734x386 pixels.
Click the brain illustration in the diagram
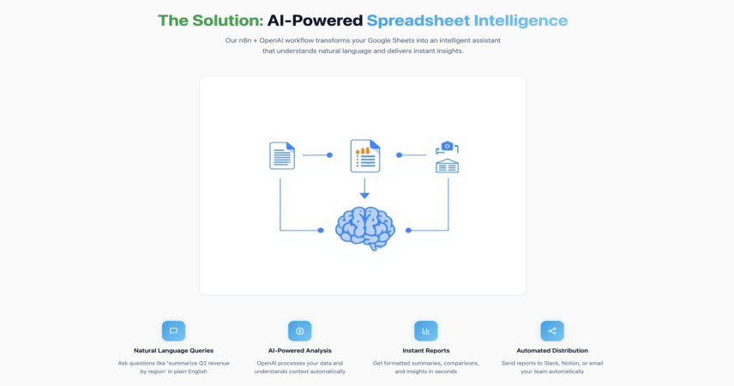tap(365, 229)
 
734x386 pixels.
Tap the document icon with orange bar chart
tap(365, 156)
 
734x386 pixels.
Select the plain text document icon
tap(282, 155)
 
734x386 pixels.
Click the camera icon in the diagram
tap(447, 147)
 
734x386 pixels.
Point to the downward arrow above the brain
tap(364, 189)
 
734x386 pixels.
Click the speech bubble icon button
tap(174, 331)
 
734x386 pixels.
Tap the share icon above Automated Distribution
tap(552, 331)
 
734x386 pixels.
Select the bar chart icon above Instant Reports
tap(426, 331)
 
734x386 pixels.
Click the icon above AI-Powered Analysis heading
tap(299, 331)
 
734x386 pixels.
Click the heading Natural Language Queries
tap(174, 350)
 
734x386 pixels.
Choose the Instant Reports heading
tap(426, 350)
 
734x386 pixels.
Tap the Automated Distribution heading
tap(552, 350)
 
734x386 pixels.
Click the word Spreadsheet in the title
tap(418, 21)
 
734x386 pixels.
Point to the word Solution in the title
tap(228, 21)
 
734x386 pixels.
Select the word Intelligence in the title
tap(521, 21)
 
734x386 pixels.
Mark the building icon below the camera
tap(447, 166)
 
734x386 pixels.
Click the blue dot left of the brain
tap(321, 230)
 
